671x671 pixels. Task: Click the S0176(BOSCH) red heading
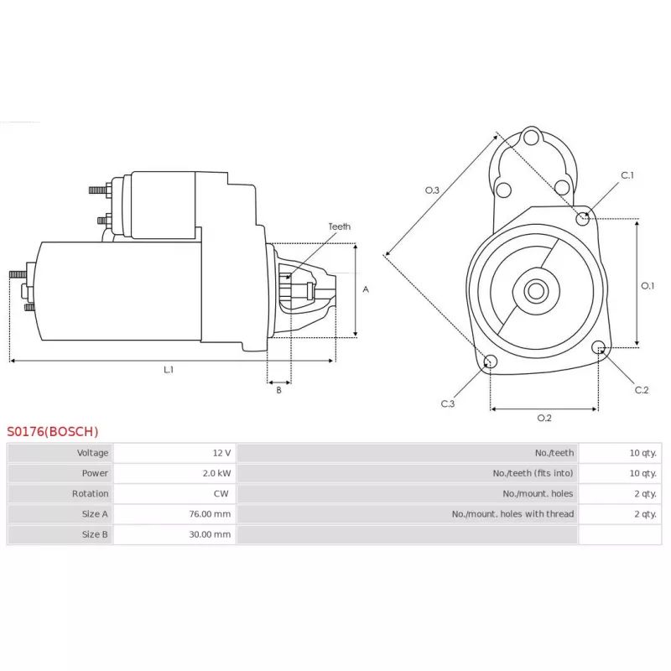(53, 431)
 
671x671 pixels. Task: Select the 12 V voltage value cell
(221, 453)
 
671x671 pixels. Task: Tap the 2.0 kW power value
(216, 473)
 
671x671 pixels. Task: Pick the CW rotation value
(221, 493)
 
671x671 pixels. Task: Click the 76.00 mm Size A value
(210, 514)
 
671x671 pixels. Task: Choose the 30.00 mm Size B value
(210, 534)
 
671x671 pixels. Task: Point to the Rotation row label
(90, 493)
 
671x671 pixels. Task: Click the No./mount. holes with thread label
(512, 514)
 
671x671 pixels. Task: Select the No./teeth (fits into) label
(533, 473)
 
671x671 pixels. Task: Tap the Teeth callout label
(340, 226)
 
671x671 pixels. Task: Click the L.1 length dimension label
(169, 369)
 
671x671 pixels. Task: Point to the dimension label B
(279, 390)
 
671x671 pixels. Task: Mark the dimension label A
(366, 289)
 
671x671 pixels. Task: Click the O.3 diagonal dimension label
(432, 190)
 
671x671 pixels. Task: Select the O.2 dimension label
(544, 418)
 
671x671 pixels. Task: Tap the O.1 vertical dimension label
(648, 285)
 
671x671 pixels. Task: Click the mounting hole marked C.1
(582, 219)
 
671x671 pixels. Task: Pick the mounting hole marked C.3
(491, 362)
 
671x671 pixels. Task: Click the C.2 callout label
(642, 390)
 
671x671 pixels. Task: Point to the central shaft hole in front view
(536, 291)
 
